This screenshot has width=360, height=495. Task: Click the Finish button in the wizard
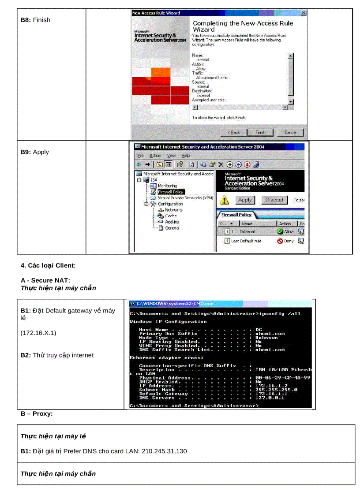(x=261, y=132)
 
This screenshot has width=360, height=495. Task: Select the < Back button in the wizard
(x=234, y=132)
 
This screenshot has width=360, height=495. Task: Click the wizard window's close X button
(x=303, y=13)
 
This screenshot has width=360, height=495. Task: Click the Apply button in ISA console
(x=245, y=200)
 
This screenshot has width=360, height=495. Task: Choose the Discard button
(x=274, y=200)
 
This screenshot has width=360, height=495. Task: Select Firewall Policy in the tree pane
(x=171, y=192)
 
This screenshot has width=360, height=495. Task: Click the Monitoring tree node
(x=167, y=186)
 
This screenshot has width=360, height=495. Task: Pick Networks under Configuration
(x=173, y=210)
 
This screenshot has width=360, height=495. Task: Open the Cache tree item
(x=171, y=216)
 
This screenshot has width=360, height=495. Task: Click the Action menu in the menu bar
(x=155, y=156)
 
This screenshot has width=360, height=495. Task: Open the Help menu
(x=186, y=156)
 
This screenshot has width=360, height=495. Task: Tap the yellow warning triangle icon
(x=225, y=201)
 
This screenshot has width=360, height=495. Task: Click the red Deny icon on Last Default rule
(x=280, y=241)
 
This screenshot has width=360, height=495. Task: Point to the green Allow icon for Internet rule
(x=280, y=231)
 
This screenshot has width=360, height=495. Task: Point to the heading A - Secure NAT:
(x=45, y=280)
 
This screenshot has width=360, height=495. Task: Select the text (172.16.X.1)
(x=38, y=333)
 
